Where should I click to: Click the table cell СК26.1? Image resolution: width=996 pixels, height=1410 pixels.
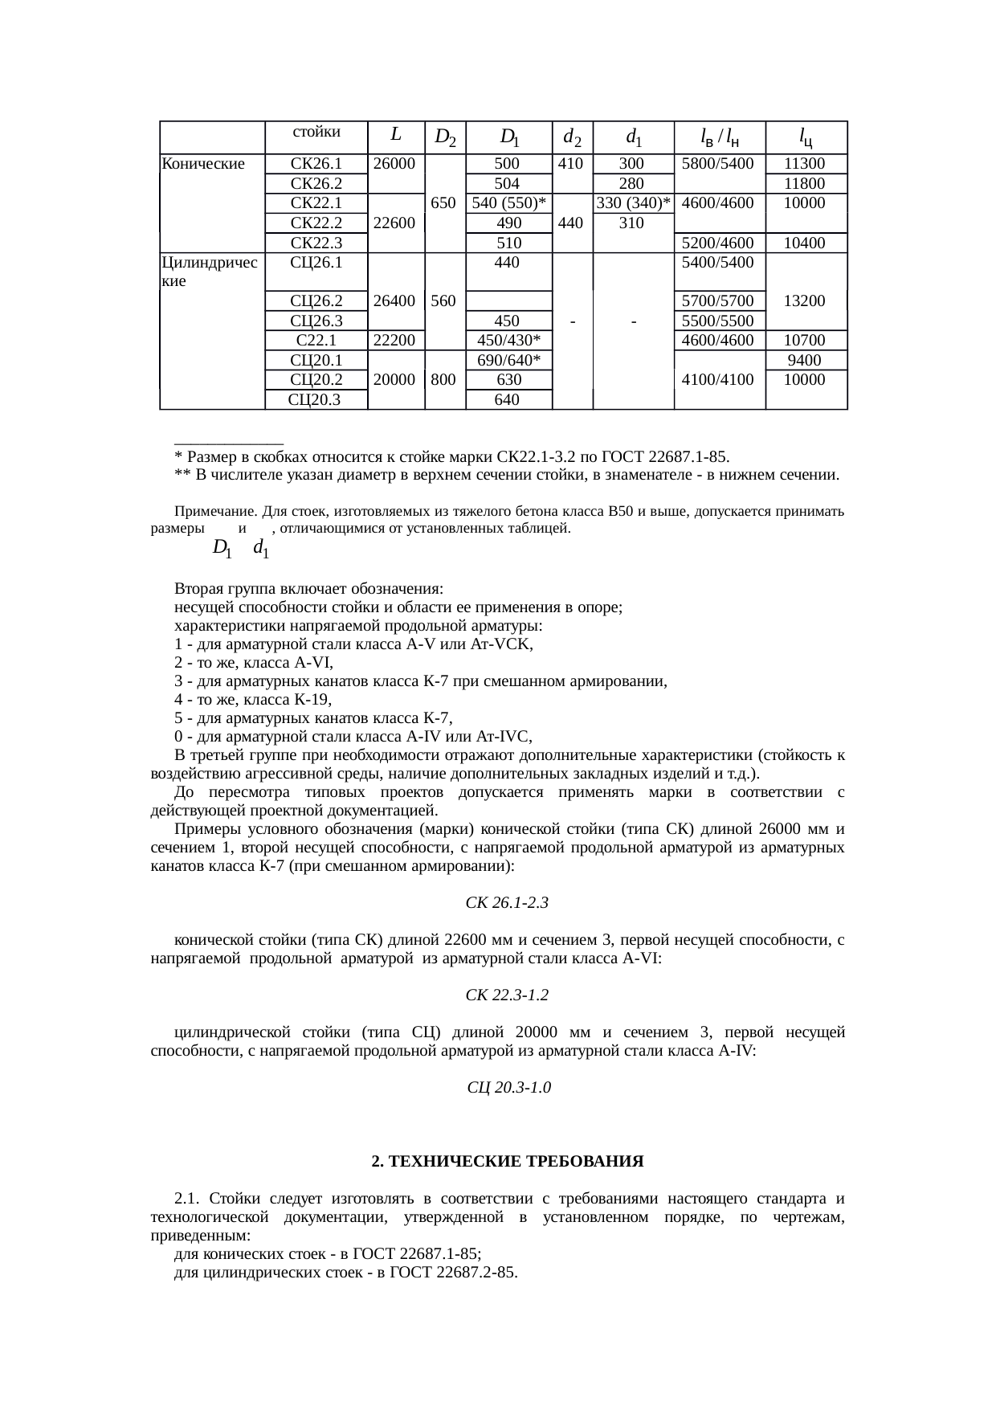(316, 164)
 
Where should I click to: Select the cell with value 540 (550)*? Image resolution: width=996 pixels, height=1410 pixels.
(508, 203)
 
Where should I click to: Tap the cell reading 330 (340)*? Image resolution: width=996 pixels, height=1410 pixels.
(633, 203)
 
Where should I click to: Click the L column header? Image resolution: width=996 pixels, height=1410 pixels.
(396, 134)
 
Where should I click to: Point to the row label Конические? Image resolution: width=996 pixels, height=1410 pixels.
(203, 164)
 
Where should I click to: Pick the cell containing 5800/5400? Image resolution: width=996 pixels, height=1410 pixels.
(718, 164)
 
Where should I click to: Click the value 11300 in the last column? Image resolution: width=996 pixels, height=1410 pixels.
(806, 164)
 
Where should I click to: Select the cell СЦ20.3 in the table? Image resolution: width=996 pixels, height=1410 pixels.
(315, 399)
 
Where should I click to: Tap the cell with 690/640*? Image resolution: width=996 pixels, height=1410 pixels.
(508, 360)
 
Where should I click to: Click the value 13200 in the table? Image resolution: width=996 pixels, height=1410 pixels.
(806, 300)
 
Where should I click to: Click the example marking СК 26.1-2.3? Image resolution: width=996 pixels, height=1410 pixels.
(507, 903)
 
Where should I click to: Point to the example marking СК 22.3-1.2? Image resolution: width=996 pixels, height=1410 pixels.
(507, 995)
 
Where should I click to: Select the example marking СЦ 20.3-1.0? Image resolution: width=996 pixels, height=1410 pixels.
(508, 1088)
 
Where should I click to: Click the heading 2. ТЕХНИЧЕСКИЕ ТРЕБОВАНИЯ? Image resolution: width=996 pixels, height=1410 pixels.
(508, 1162)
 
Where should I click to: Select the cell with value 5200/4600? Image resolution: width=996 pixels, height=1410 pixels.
(718, 243)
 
